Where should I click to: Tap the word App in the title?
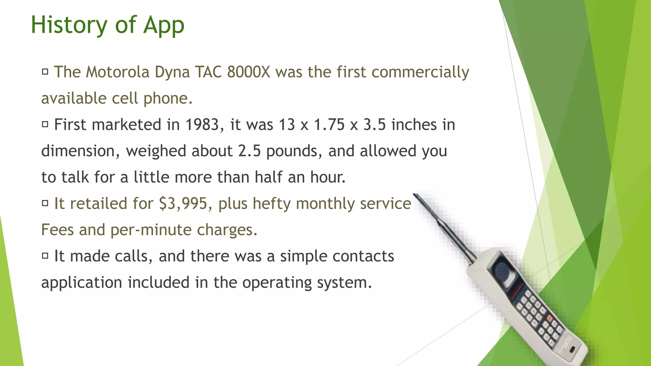point(164,25)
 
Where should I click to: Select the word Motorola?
point(118,72)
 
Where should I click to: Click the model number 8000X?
point(249,72)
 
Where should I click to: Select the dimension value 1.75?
point(329,125)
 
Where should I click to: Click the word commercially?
point(420,72)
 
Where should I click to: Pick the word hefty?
point(271,204)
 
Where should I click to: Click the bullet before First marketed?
point(45,124)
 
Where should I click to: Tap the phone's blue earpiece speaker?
point(502,271)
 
